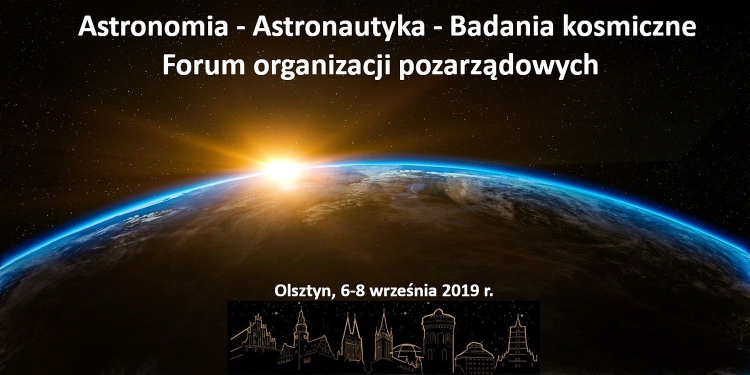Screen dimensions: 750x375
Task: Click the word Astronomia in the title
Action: point(153,27)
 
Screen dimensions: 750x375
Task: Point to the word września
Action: point(403,291)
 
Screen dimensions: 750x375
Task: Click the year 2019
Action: point(458,290)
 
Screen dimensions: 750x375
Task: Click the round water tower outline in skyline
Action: point(438,340)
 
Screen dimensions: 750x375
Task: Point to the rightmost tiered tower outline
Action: point(517,343)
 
